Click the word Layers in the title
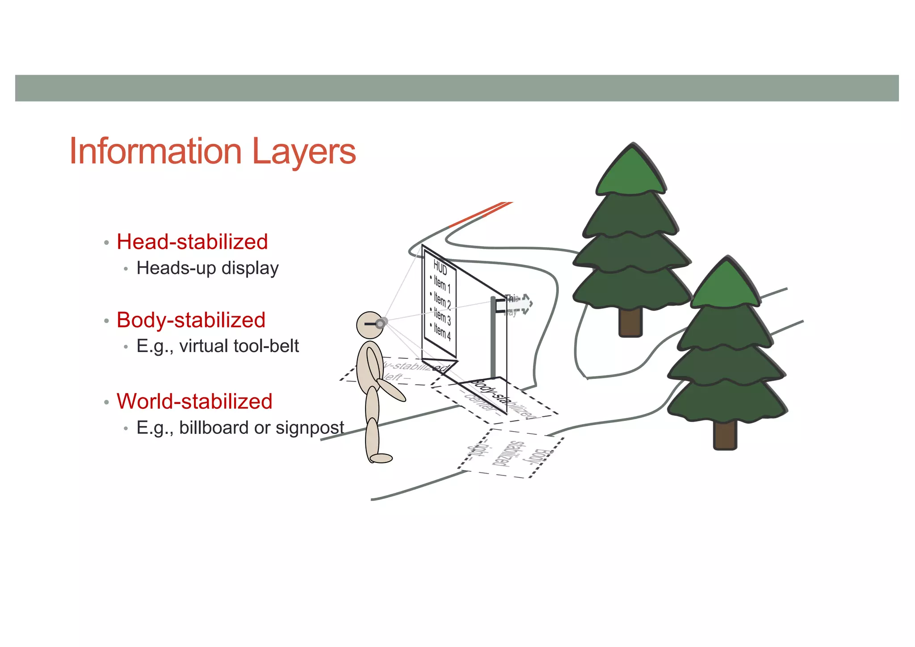pos(304,152)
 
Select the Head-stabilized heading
pos(192,242)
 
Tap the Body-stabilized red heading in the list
pos(191,320)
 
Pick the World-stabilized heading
pos(194,401)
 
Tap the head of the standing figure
pos(369,325)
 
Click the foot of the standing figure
pos(381,458)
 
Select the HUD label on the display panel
pos(440,268)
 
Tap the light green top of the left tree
pos(631,172)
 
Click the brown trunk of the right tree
pos(725,435)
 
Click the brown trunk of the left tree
pos(630,322)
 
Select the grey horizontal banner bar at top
pos(457,88)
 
